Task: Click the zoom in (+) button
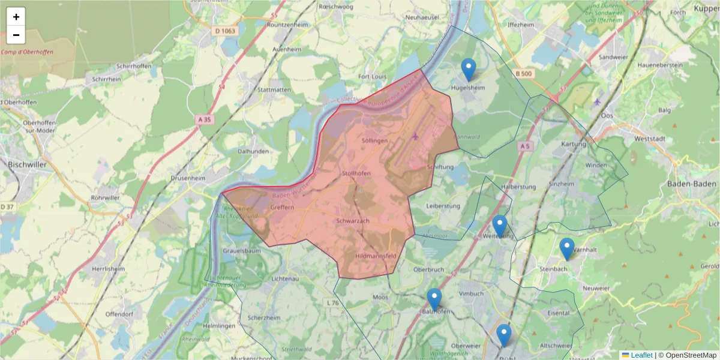(16, 17)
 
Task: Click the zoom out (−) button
(16, 35)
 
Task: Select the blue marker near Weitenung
(499, 226)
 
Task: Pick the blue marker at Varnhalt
(566, 249)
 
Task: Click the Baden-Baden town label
(692, 184)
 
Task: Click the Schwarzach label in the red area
(353, 221)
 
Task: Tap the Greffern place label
(282, 207)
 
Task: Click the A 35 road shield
(205, 119)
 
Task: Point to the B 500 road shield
(524, 73)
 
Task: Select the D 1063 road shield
(226, 29)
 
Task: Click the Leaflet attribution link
(641, 355)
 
